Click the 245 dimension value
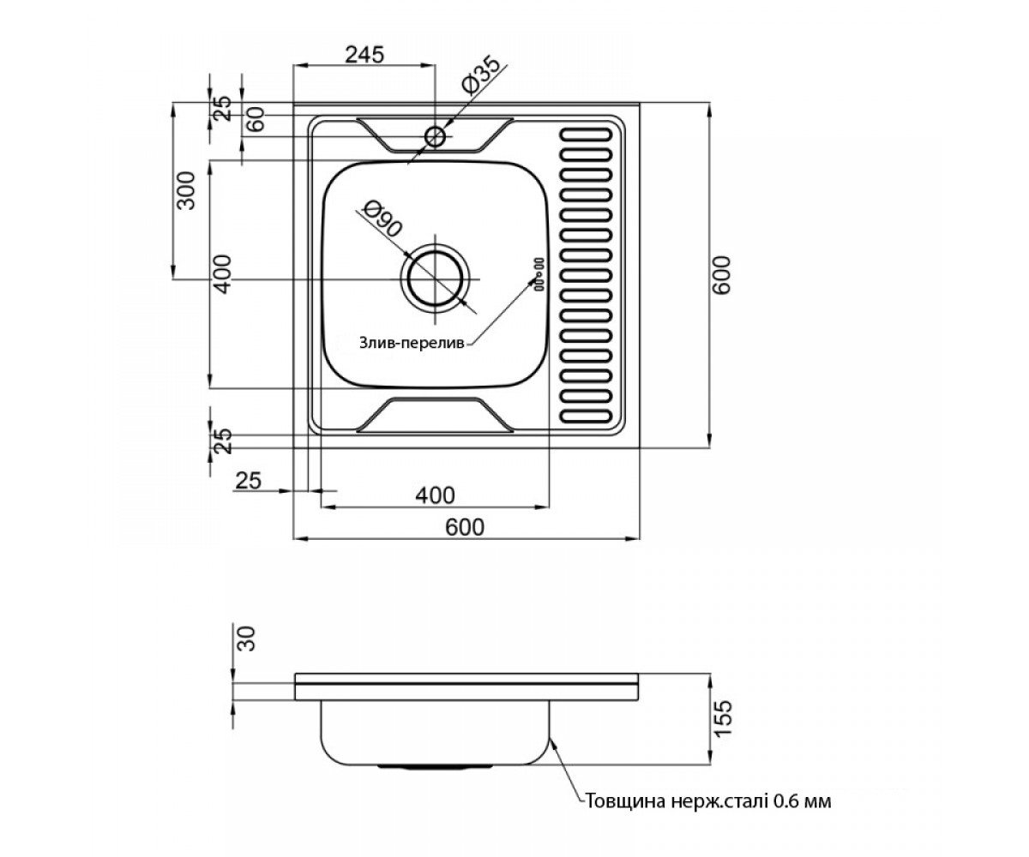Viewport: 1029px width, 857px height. click(x=364, y=55)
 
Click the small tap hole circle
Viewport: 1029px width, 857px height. click(x=435, y=136)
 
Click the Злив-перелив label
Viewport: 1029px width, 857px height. click(x=412, y=343)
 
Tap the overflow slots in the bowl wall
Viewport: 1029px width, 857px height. click(x=539, y=274)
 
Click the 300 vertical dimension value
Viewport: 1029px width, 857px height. click(x=187, y=190)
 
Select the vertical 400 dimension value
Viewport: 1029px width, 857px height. click(x=223, y=274)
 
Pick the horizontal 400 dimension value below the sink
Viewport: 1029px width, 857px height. click(x=435, y=495)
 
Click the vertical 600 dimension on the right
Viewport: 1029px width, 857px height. click(x=723, y=275)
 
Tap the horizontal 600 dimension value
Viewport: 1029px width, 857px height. click(x=465, y=528)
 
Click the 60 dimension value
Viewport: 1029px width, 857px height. click(x=256, y=119)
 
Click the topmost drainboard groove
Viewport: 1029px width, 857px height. click(x=587, y=135)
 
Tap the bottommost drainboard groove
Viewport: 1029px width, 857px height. click(x=587, y=416)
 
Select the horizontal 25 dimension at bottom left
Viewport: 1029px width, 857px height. click(x=248, y=480)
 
